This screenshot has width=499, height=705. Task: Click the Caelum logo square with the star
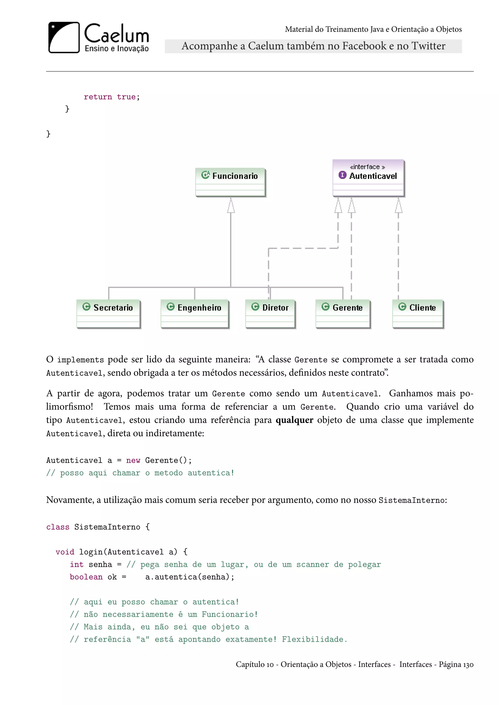(x=64, y=37)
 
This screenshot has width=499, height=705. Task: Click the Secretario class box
(x=108, y=314)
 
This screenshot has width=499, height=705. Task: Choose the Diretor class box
(x=270, y=314)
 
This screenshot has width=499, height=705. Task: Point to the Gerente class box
(x=343, y=314)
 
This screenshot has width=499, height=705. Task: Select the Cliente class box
(x=418, y=314)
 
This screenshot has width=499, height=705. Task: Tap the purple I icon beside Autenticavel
(x=342, y=175)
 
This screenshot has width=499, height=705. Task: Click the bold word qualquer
(x=294, y=420)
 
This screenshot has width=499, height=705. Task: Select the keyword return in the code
(x=98, y=97)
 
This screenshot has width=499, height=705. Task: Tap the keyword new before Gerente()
(x=133, y=460)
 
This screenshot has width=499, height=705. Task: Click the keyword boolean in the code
(x=86, y=577)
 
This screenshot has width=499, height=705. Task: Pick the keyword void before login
(x=65, y=552)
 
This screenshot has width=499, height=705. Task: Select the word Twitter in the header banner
(x=428, y=46)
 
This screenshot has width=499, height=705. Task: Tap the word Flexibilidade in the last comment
(x=314, y=639)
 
